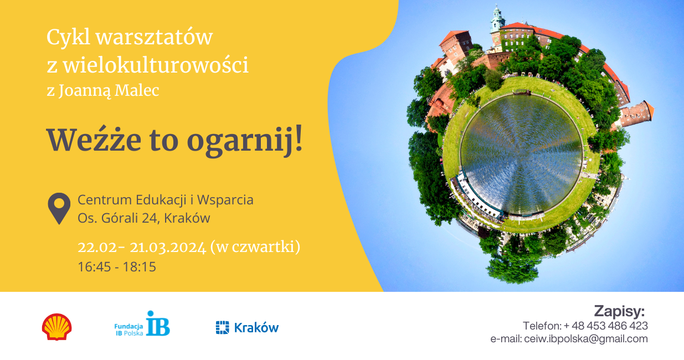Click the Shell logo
coord(56,327)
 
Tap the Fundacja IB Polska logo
coord(142,325)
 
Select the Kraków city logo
coord(247,327)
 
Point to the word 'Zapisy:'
coord(619,310)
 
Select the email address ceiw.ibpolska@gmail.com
coord(585,339)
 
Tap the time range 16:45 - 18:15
coord(117,266)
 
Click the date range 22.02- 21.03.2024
coord(141,247)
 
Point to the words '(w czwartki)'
coord(255,247)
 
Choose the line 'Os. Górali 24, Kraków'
coord(144,218)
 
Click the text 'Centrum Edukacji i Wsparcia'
coord(166,199)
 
